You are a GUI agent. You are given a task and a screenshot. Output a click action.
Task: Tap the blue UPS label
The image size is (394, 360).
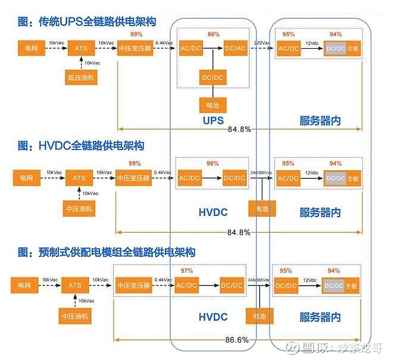(212, 121)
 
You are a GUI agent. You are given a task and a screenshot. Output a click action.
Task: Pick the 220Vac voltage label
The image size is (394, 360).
(262, 43)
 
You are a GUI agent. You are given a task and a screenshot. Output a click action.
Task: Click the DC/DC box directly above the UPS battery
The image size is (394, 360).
(213, 77)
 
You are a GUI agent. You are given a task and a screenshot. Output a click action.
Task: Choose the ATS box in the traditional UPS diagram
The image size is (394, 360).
(81, 48)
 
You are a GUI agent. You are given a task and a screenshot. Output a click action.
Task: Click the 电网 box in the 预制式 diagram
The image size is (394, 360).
(24, 285)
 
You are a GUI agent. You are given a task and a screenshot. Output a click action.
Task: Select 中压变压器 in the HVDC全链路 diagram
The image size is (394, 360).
(134, 178)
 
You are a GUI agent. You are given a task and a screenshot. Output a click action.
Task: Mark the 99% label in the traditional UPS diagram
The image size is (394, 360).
(136, 35)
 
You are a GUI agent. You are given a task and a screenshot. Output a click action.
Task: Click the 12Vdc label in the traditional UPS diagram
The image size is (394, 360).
(312, 43)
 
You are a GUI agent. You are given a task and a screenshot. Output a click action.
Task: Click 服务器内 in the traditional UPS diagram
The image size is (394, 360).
(320, 121)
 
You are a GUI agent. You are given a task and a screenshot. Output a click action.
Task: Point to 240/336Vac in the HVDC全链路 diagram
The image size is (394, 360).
(262, 173)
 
